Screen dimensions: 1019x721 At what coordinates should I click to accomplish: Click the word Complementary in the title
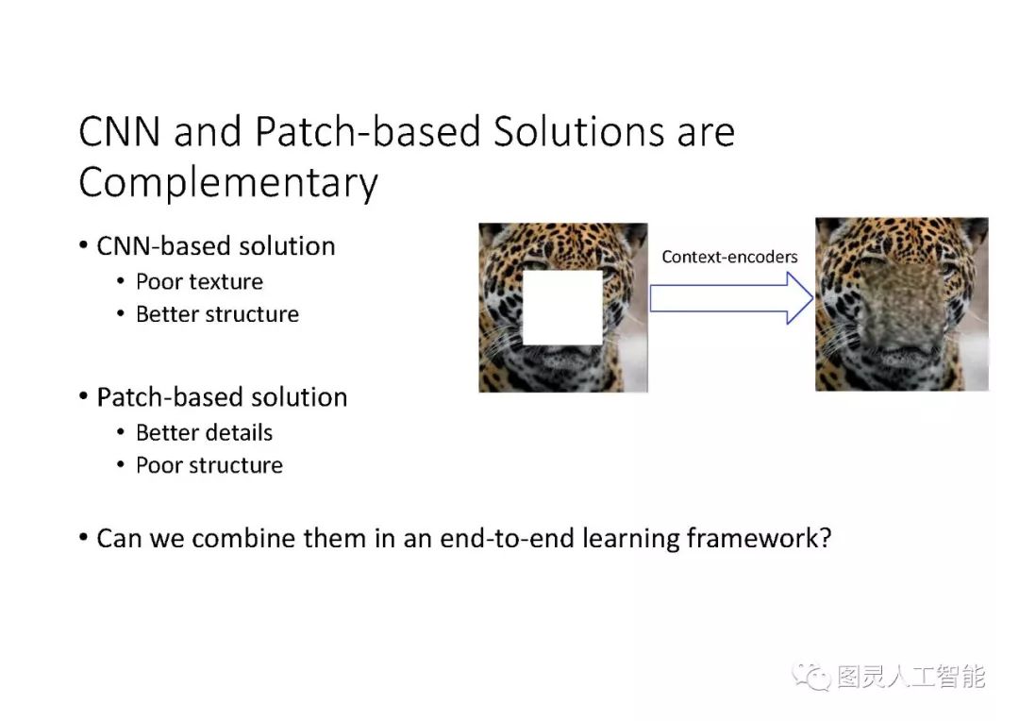[x=227, y=182]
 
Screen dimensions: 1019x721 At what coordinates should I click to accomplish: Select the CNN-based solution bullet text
[x=215, y=246]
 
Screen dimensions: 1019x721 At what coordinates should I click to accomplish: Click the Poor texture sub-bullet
[x=199, y=281]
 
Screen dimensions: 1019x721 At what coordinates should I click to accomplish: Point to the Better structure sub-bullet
[x=217, y=314]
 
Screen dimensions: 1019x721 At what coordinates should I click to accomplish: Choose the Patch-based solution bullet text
[x=222, y=397]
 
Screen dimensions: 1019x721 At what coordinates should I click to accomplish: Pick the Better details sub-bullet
[x=204, y=433]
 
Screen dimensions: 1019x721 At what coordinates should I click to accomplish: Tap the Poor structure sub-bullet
[x=209, y=465]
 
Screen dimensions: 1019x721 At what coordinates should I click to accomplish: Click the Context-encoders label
[x=729, y=257]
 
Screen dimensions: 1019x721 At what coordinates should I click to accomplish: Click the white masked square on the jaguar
[x=562, y=307]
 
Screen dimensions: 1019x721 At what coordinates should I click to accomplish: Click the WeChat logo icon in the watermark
[x=811, y=676]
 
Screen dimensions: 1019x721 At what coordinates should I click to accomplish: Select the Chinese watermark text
[x=910, y=677]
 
